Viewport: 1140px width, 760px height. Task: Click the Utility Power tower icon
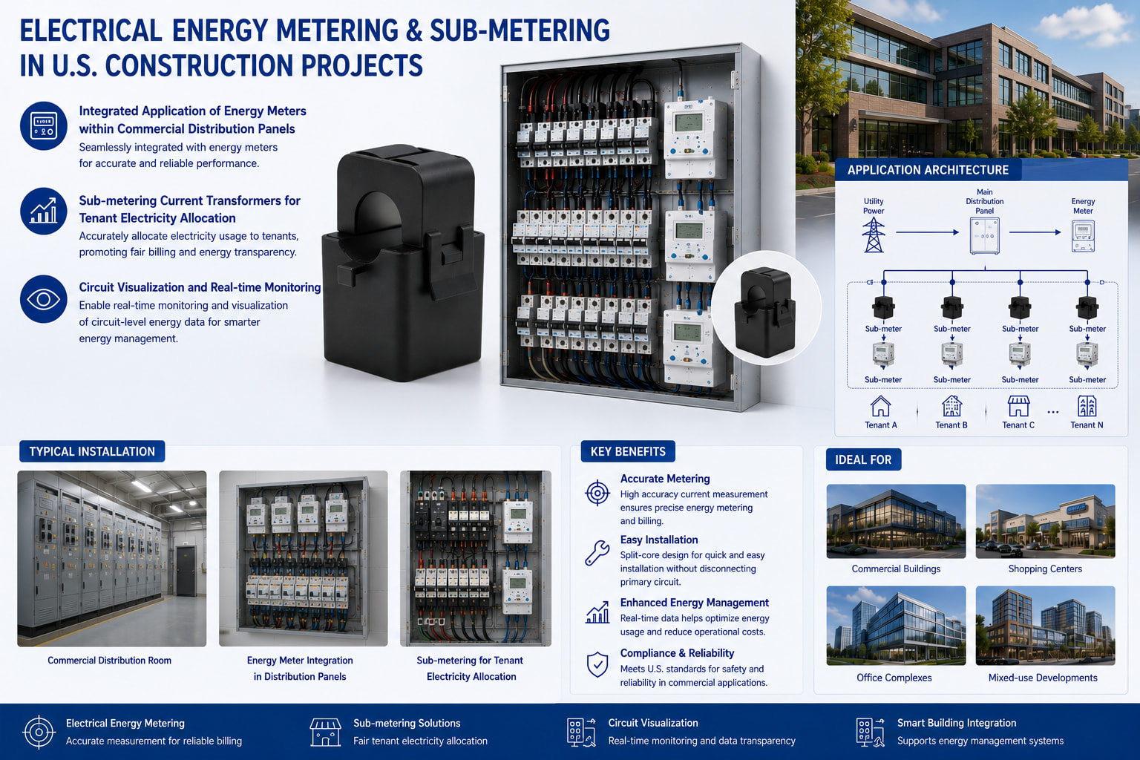874,235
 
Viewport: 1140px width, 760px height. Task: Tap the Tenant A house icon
880,406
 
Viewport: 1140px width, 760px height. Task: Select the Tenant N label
1087,425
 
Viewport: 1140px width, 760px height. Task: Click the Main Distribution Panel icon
984,236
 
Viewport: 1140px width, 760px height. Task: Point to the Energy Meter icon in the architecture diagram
1083,236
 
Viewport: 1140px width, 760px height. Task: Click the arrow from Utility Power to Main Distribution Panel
927,232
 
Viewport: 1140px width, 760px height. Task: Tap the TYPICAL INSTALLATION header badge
92,451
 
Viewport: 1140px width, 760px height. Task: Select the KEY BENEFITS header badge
628,451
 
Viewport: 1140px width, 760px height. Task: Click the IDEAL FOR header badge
863,459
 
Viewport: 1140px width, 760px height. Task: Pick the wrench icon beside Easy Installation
597,553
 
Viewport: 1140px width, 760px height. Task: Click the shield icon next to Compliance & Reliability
597,664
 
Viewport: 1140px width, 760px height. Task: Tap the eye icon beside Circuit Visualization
43,299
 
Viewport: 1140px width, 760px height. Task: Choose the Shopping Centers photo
1045,521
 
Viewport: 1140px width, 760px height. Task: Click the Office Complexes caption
894,678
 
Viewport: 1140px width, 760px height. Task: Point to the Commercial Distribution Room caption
109,661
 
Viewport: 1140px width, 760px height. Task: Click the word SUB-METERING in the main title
520,30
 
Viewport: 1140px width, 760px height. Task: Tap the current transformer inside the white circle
764,312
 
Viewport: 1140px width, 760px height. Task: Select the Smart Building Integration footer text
957,723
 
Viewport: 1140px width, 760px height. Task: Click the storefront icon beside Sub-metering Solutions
326,733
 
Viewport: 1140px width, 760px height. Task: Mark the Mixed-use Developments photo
1045,626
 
